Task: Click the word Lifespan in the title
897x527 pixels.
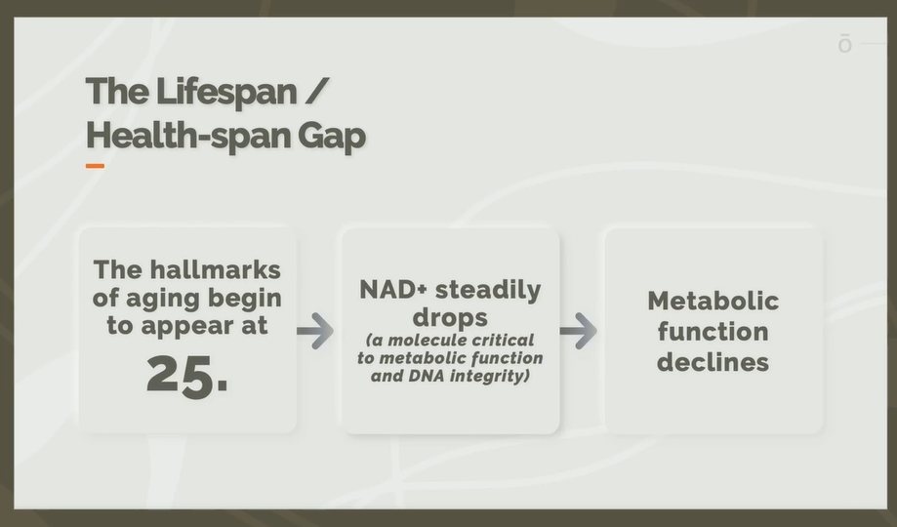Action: pyautogui.click(x=226, y=92)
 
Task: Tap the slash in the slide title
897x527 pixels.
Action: pyautogui.click(x=317, y=91)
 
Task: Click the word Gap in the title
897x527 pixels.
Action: pyautogui.click(x=331, y=138)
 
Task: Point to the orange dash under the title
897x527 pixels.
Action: pyautogui.click(x=95, y=166)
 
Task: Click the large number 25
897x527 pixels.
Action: pyautogui.click(x=187, y=376)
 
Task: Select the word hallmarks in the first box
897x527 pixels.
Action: pyautogui.click(x=215, y=269)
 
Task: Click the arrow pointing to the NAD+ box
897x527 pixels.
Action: pyautogui.click(x=315, y=331)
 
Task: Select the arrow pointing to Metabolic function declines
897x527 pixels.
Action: pyautogui.click(x=579, y=331)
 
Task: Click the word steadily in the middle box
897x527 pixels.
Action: pyautogui.click(x=488, y=291)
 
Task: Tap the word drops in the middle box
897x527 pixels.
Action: pyautogui.click(x=450, y=318)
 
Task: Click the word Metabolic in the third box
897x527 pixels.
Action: pyautogui.click(x=714, y=301)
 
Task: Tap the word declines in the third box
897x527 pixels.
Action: pyautogui.click(x=713, y=362)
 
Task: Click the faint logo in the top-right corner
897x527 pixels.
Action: pyautogui.click(x=845, y=44)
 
